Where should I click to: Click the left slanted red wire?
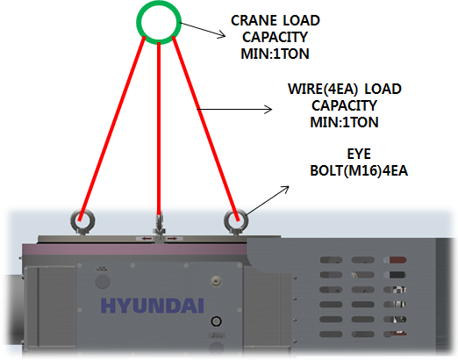click(111, 128)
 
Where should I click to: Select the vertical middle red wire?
click(159, 129)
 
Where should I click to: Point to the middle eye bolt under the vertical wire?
click(159, 225)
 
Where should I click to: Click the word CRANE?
click(254, 20)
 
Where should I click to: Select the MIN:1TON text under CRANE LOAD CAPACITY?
click(275, 54)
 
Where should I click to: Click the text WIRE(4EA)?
click(323, 90)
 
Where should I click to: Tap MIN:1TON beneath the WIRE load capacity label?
click(344, 122)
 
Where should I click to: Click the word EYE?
click(359, 154)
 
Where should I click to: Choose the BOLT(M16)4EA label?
click(359, 170)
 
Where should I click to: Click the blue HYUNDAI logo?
click(152, 306)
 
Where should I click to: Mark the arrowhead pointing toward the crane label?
click(222, 35)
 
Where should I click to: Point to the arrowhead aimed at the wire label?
click(268, 110)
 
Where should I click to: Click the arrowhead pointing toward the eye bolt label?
click(285, 190)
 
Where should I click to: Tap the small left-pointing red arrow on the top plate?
click(147, 239)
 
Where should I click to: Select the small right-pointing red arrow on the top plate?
click(172, 239)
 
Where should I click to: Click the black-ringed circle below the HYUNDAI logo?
click(216, 321)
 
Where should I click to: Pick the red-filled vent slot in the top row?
click(397, 260)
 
